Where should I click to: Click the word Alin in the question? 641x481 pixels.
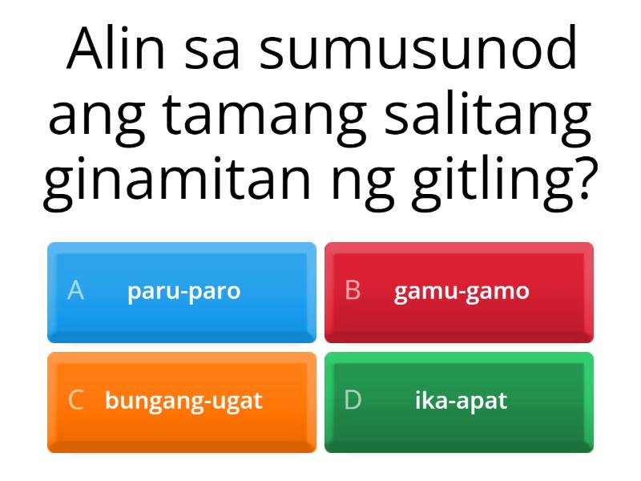pos(119,50)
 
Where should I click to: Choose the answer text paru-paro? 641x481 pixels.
pos(183,291)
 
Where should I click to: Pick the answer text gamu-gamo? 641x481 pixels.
pos(462,291)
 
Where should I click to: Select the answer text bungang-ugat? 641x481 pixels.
pos(183,401)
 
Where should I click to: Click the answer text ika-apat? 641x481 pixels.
pos(461,401)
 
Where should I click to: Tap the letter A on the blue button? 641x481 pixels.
pos(75,291)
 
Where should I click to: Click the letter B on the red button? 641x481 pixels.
pos(353,291)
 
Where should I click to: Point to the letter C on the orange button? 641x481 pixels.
pos(75,401)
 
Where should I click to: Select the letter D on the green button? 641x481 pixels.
pos(353,401)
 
